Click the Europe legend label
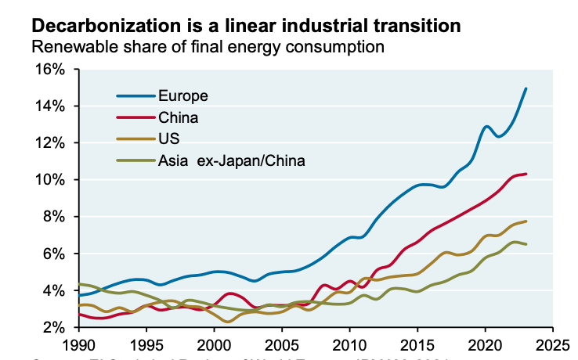(182, 96)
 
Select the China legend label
(178, 118)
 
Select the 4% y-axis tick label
(55, 290)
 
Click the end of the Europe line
(526, 88)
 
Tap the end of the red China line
(526, 174)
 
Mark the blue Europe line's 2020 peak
(486, 126)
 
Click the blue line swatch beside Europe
(135, 96)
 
